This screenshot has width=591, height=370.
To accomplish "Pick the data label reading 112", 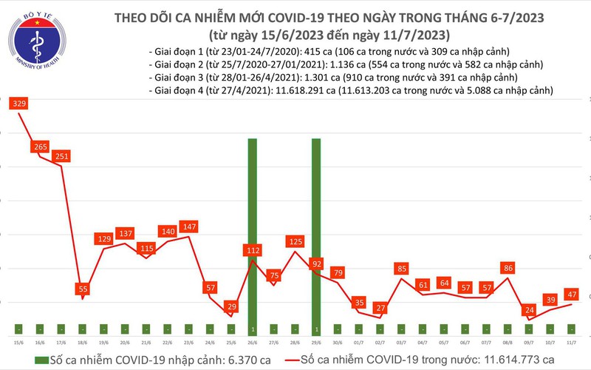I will (253, 249).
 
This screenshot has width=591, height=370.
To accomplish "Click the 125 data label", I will (295, 241).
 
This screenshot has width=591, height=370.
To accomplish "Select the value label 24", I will (528, 310).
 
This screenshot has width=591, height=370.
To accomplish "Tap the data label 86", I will (508, 268).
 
